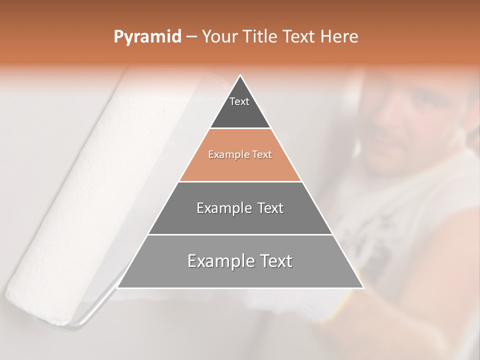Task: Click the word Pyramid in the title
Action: [147, 37]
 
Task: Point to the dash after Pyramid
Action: [191, 37]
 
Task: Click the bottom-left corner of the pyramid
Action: [117, 287]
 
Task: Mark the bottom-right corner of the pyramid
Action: [363, 287]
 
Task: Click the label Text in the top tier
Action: [239, 101]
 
